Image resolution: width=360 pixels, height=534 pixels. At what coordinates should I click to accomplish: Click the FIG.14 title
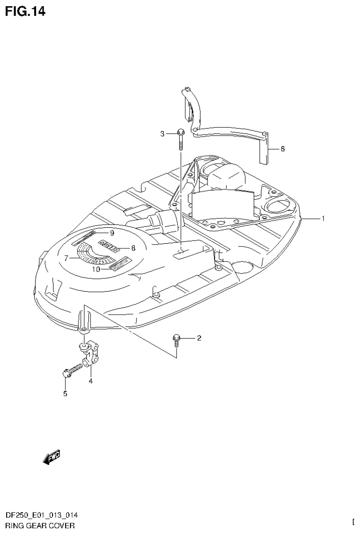pos(25,11)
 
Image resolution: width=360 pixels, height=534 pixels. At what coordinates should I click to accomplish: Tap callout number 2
pos(199,338)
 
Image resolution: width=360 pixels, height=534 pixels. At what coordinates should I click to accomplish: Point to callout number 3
pos(162,134)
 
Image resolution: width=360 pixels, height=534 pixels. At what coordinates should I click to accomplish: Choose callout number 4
pos(90,381)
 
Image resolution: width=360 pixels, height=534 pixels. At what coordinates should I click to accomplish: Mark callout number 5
pos(65,394)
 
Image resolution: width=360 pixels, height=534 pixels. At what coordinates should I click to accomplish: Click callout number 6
pos(283,149)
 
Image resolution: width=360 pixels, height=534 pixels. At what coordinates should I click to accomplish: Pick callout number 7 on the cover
pos(67,257)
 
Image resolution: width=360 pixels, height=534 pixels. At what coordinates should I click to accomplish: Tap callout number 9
pos(112,233)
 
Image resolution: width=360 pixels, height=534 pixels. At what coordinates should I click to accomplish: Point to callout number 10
pos(96,270)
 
